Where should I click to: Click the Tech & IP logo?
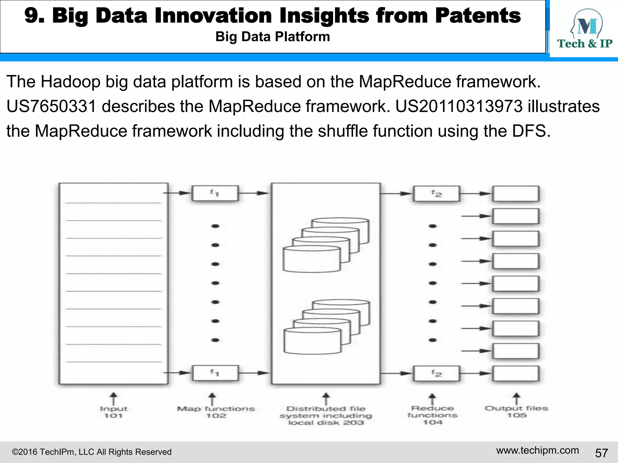585,29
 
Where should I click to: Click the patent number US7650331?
51,106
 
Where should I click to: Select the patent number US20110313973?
459,106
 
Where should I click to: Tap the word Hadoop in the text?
70,82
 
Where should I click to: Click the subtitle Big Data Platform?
272,37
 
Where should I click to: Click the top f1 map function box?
215,193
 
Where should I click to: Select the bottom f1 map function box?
215,373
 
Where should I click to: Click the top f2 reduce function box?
436,193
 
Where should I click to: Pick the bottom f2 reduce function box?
436,373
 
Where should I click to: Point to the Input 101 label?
113,412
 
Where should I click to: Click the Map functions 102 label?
216,412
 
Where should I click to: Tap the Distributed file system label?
326,416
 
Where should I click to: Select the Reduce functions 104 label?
432,415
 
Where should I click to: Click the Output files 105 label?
516,411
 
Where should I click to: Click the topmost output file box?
516,194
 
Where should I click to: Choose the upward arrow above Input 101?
113,398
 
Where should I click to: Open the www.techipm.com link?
537,450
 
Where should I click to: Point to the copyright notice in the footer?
91,452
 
